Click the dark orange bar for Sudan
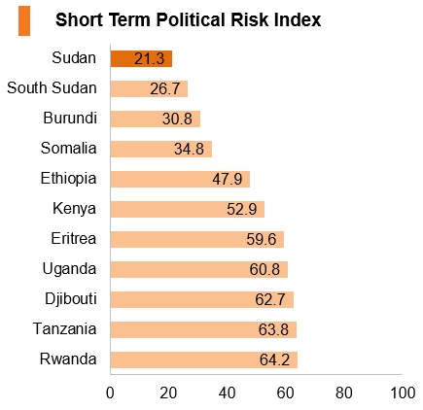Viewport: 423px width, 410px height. (x=141, y=59)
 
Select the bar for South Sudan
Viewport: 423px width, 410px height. (x=149, y=88)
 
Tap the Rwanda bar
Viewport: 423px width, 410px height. (x=204, y=359)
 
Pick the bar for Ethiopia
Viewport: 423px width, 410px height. (x=180, y=179)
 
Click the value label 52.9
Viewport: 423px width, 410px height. (x=242, y=210)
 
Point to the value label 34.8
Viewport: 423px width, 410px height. (x=189, y=150)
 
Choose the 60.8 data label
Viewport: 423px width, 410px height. (x=264, y=270)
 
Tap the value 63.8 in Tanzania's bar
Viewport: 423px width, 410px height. (x=273, y=330)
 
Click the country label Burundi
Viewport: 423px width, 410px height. (x=70, y=118)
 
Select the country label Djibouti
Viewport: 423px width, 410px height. (x=71, y=298)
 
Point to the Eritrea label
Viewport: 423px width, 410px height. (x=74, y=239)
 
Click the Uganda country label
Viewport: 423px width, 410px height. (x=69, y=269)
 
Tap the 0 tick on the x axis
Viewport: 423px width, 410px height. (x=110, y=393)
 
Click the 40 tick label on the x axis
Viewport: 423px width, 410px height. (x=227, y=393)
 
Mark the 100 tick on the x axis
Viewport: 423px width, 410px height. (x=403, y=393)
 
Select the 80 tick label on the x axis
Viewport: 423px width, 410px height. (x=344, y=393)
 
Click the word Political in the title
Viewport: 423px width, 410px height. (x=191, y=19)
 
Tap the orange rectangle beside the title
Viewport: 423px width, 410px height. (x=24, y=20)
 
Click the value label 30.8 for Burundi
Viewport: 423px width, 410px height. (x=177, y=120)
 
